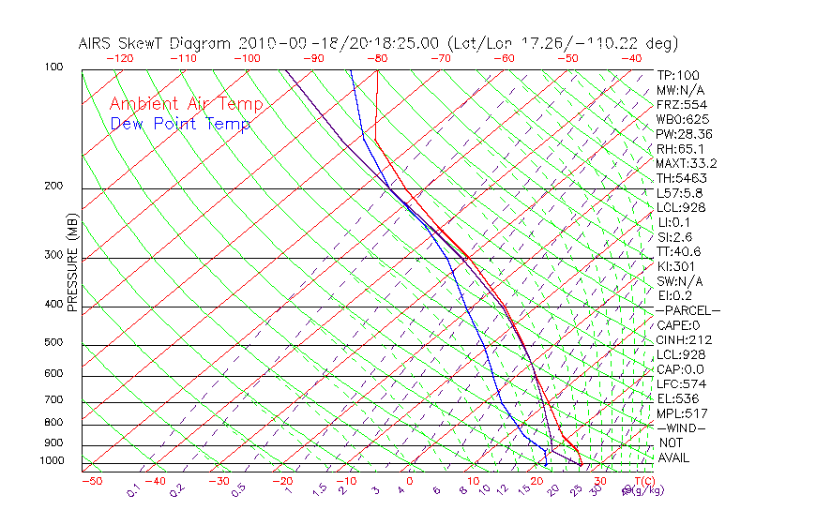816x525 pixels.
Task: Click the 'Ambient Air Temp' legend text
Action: point(187,104)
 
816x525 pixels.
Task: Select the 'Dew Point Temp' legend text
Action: point(180,124)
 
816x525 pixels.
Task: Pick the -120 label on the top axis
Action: point(120,58)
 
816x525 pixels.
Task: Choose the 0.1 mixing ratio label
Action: point(133,490)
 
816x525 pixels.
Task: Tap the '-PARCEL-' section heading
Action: point(688,310)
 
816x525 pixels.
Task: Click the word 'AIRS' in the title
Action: point(98,43)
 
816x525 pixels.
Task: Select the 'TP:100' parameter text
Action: point(678,76)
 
